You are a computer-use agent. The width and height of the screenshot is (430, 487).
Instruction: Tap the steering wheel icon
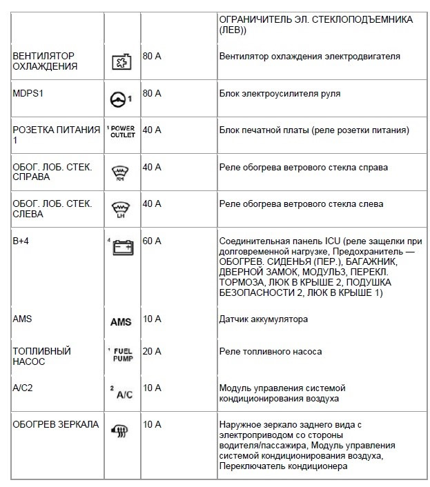121,99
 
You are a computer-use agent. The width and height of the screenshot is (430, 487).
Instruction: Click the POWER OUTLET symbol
121,132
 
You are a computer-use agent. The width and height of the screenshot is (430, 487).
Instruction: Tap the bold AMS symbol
121,322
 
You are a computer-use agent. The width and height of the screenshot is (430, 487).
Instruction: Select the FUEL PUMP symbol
121,355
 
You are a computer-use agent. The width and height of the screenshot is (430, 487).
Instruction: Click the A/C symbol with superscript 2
121,393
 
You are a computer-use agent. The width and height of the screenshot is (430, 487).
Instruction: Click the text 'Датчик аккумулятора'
263,319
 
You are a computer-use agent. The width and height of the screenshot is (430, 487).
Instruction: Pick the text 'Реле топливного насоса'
270,351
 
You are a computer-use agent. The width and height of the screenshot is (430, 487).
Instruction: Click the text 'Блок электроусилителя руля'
279,92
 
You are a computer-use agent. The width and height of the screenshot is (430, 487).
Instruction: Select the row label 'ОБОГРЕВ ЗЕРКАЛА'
56,424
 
